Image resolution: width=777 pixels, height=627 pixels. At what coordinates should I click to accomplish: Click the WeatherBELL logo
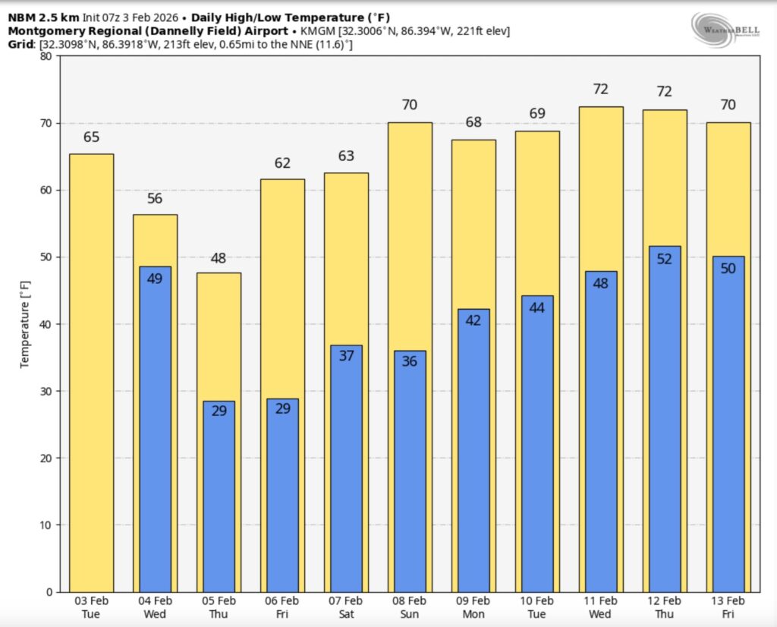point(724,30)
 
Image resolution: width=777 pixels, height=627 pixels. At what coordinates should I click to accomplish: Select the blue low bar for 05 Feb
point(219,496)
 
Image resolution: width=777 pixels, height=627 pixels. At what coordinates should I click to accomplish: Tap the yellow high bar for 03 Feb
point(91,372)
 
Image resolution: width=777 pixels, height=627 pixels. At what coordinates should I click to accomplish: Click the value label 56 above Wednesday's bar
point(155,199)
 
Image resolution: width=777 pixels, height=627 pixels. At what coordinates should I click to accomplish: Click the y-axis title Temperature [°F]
point(25,323)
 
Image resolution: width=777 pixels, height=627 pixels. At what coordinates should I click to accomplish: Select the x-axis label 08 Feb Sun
point(410,607)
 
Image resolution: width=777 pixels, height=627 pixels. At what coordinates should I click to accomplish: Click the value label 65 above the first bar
point(91,138)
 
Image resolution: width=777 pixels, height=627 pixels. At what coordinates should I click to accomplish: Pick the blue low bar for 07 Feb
point(346,468)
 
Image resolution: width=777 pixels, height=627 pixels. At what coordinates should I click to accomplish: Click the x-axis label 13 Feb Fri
point(728,607)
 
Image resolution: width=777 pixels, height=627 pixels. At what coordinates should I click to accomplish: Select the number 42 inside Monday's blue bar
point(473,320)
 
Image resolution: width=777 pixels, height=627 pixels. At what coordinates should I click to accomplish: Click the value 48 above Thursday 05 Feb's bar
point(219,258)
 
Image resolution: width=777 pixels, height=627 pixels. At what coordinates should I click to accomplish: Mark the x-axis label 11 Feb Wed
point(601,607)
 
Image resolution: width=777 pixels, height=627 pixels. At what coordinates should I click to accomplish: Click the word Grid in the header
point(20,45)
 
